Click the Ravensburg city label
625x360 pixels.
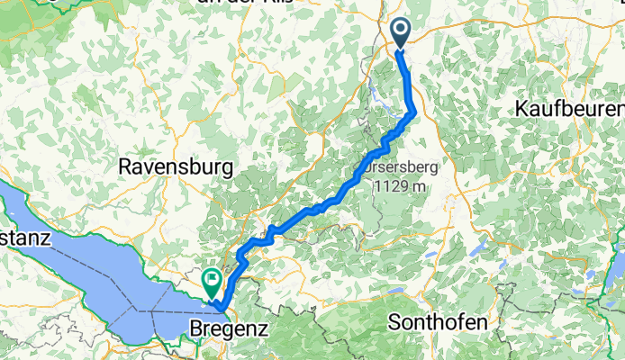point(177,166)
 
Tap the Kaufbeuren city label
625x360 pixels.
point(569,108)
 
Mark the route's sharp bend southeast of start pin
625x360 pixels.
point(414,112)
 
